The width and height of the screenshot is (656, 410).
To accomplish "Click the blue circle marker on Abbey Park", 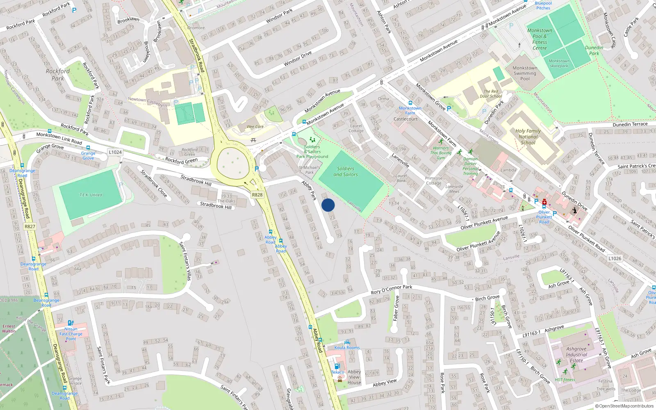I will coord(328,205).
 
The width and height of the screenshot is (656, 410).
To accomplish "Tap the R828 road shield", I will coord(257,195).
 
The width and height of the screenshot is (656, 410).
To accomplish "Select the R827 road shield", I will coord(30,226).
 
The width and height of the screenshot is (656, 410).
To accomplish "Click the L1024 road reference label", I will coord(115,152).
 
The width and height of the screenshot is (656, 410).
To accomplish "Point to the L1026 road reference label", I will coord(615,258).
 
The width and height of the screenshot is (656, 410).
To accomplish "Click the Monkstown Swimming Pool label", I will coord(525,73).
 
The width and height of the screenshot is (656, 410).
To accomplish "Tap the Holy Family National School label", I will coord(528,137).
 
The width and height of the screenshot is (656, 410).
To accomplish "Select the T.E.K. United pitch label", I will coord(91,195).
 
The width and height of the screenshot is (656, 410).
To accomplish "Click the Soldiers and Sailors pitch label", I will coord(346,171).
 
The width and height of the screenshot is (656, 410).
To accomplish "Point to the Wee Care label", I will coord(255,127).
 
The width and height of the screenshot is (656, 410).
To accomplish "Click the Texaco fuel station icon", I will coord(337,366).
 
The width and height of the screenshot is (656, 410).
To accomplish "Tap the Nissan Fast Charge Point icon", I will coord(71,323).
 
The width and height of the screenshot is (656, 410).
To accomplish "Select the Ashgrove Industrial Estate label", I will coord(576,355).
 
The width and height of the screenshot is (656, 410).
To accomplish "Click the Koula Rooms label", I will coord(347,348).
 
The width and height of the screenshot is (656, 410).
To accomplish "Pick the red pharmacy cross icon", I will coord(544,202).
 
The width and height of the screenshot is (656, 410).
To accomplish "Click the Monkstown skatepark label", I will coord(559,63).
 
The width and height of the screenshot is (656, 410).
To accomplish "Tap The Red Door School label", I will coord(491,94).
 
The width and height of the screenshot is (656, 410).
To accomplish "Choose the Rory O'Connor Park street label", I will coord(392,289).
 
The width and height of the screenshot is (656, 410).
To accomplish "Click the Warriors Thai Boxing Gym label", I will coord(441,153).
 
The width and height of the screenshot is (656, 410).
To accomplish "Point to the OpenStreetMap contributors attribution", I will coord(624,406).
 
